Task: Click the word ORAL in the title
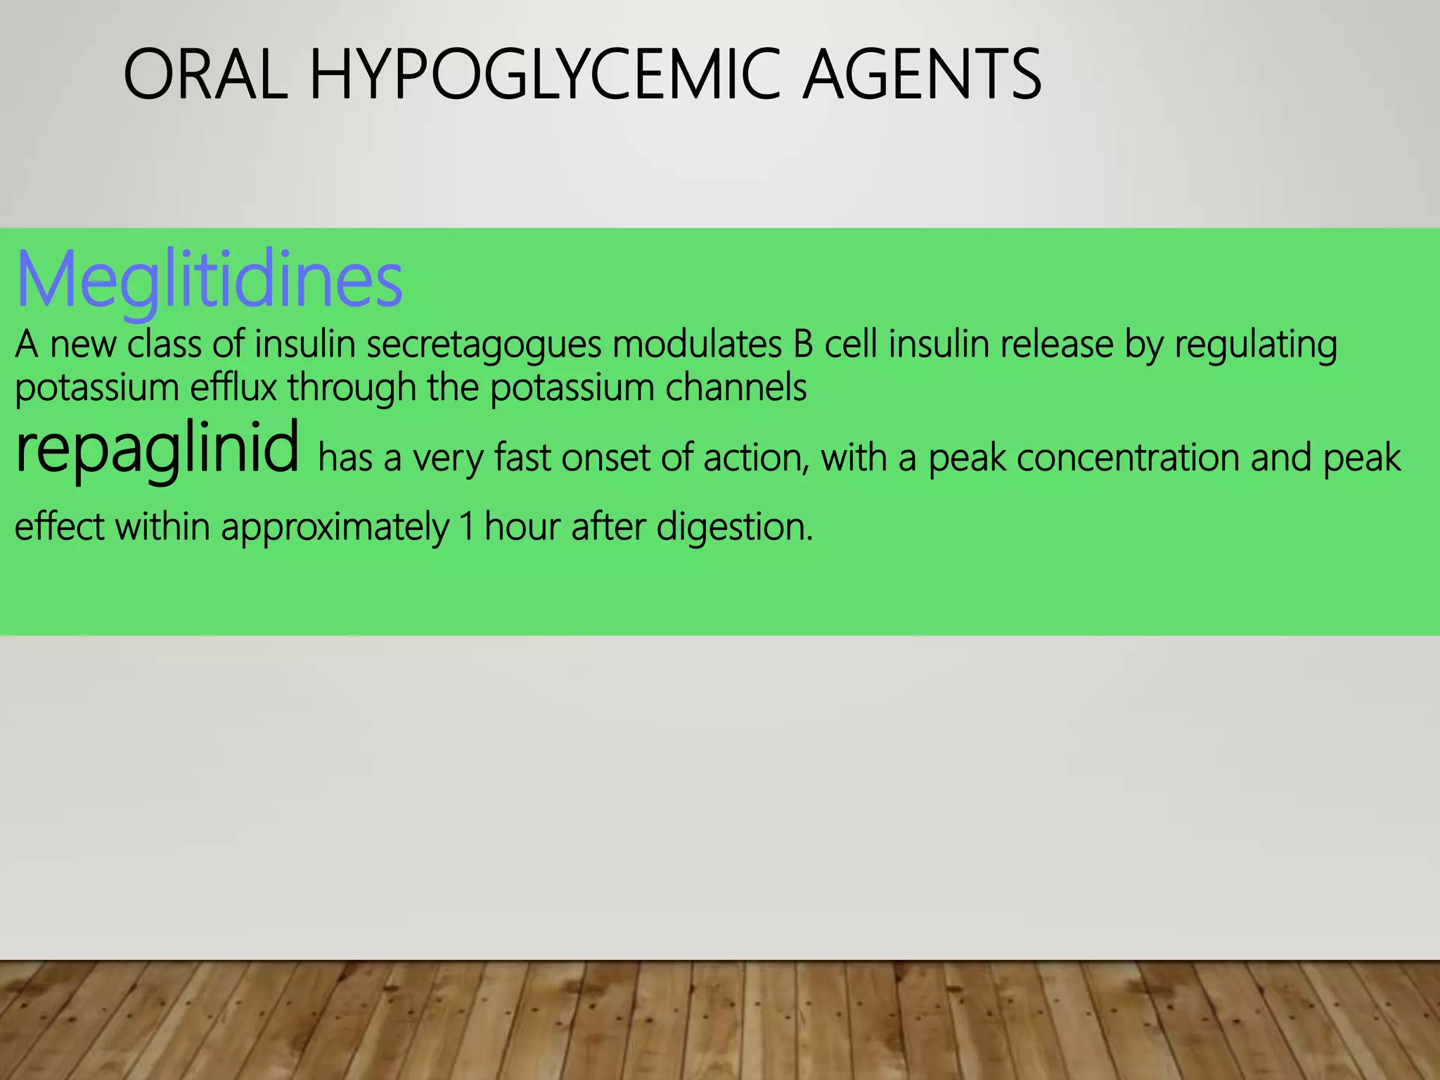click(x=205, y=74)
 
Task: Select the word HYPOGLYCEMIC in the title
click(x=545, y=74)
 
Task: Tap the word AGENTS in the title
click(x=921, y=74)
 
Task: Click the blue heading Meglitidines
click(x=209, y=280)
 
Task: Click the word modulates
click(x=697, y=345)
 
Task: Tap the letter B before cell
click(x=803, y=345)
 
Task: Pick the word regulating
click(x=1256, y=345)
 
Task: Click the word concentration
click(x=1128, y=458)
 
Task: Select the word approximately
click(x=335, y=527)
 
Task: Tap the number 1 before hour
click(x=466, y=527)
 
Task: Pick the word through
click(x=352, y=387)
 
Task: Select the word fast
click(x=522, y=458)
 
